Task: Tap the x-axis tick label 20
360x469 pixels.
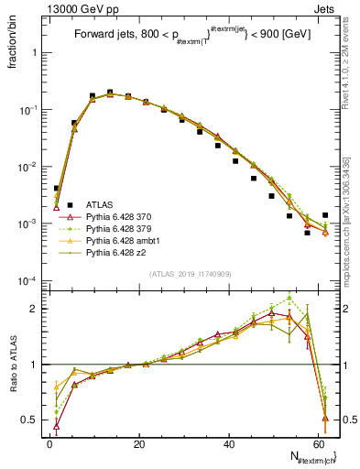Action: point(138,443)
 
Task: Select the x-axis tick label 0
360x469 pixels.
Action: point(49,443)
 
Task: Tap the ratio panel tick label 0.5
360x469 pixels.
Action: point(32,420)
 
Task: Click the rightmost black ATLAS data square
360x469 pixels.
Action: point(325,215)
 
